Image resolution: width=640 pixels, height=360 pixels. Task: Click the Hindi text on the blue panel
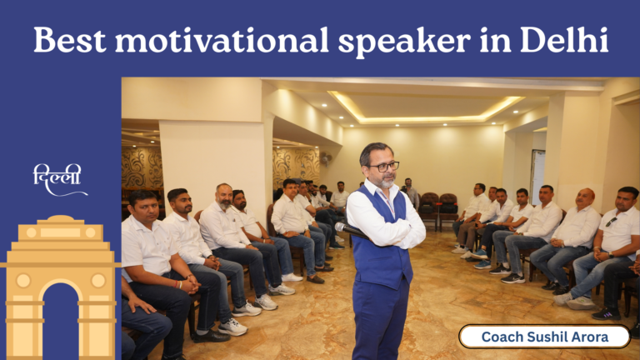click(x=57, y=179)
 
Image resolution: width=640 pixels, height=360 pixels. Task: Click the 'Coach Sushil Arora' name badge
click(x=544, y=337)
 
